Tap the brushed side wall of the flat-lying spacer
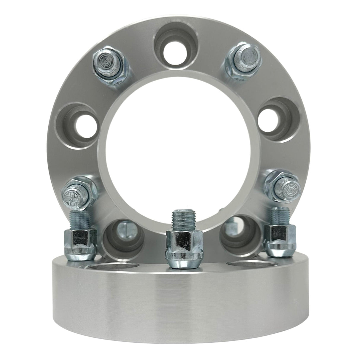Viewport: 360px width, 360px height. (178, 308)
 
